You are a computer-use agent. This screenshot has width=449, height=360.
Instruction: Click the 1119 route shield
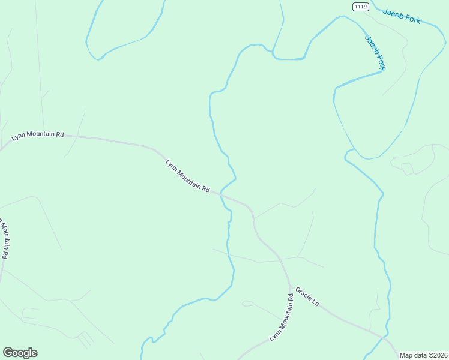[x=360, y=7]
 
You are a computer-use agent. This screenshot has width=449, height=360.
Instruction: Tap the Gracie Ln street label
[x=306, y=297]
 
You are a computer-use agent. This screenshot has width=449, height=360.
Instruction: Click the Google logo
[x=20, y=353]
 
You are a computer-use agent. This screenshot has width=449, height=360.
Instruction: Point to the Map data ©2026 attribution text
[x=423, y=355]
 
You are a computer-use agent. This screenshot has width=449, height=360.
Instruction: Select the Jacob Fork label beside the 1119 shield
[x=401, y=16]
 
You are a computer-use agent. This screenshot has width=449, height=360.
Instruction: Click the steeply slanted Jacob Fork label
[x=375, y=52]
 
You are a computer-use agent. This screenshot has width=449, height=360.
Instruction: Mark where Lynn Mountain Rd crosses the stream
[x=221, y=194]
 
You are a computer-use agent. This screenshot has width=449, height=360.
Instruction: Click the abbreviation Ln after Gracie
[x=315, y=302]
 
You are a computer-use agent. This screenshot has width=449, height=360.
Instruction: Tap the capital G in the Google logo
[x=8, y=352]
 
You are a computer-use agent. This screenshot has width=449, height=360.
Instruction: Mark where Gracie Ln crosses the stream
[x=382, y=337]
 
